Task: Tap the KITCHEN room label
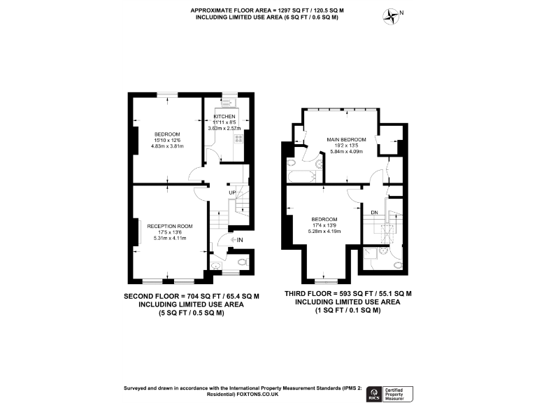click(x=224, y=116)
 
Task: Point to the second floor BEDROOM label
click(x=168, y=134)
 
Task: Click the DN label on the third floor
click(x=374, y=213)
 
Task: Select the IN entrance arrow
click(x=236, y=240)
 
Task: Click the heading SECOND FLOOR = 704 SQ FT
click(x=192, y=296)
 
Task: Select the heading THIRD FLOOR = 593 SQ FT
click(x=348, y=294)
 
